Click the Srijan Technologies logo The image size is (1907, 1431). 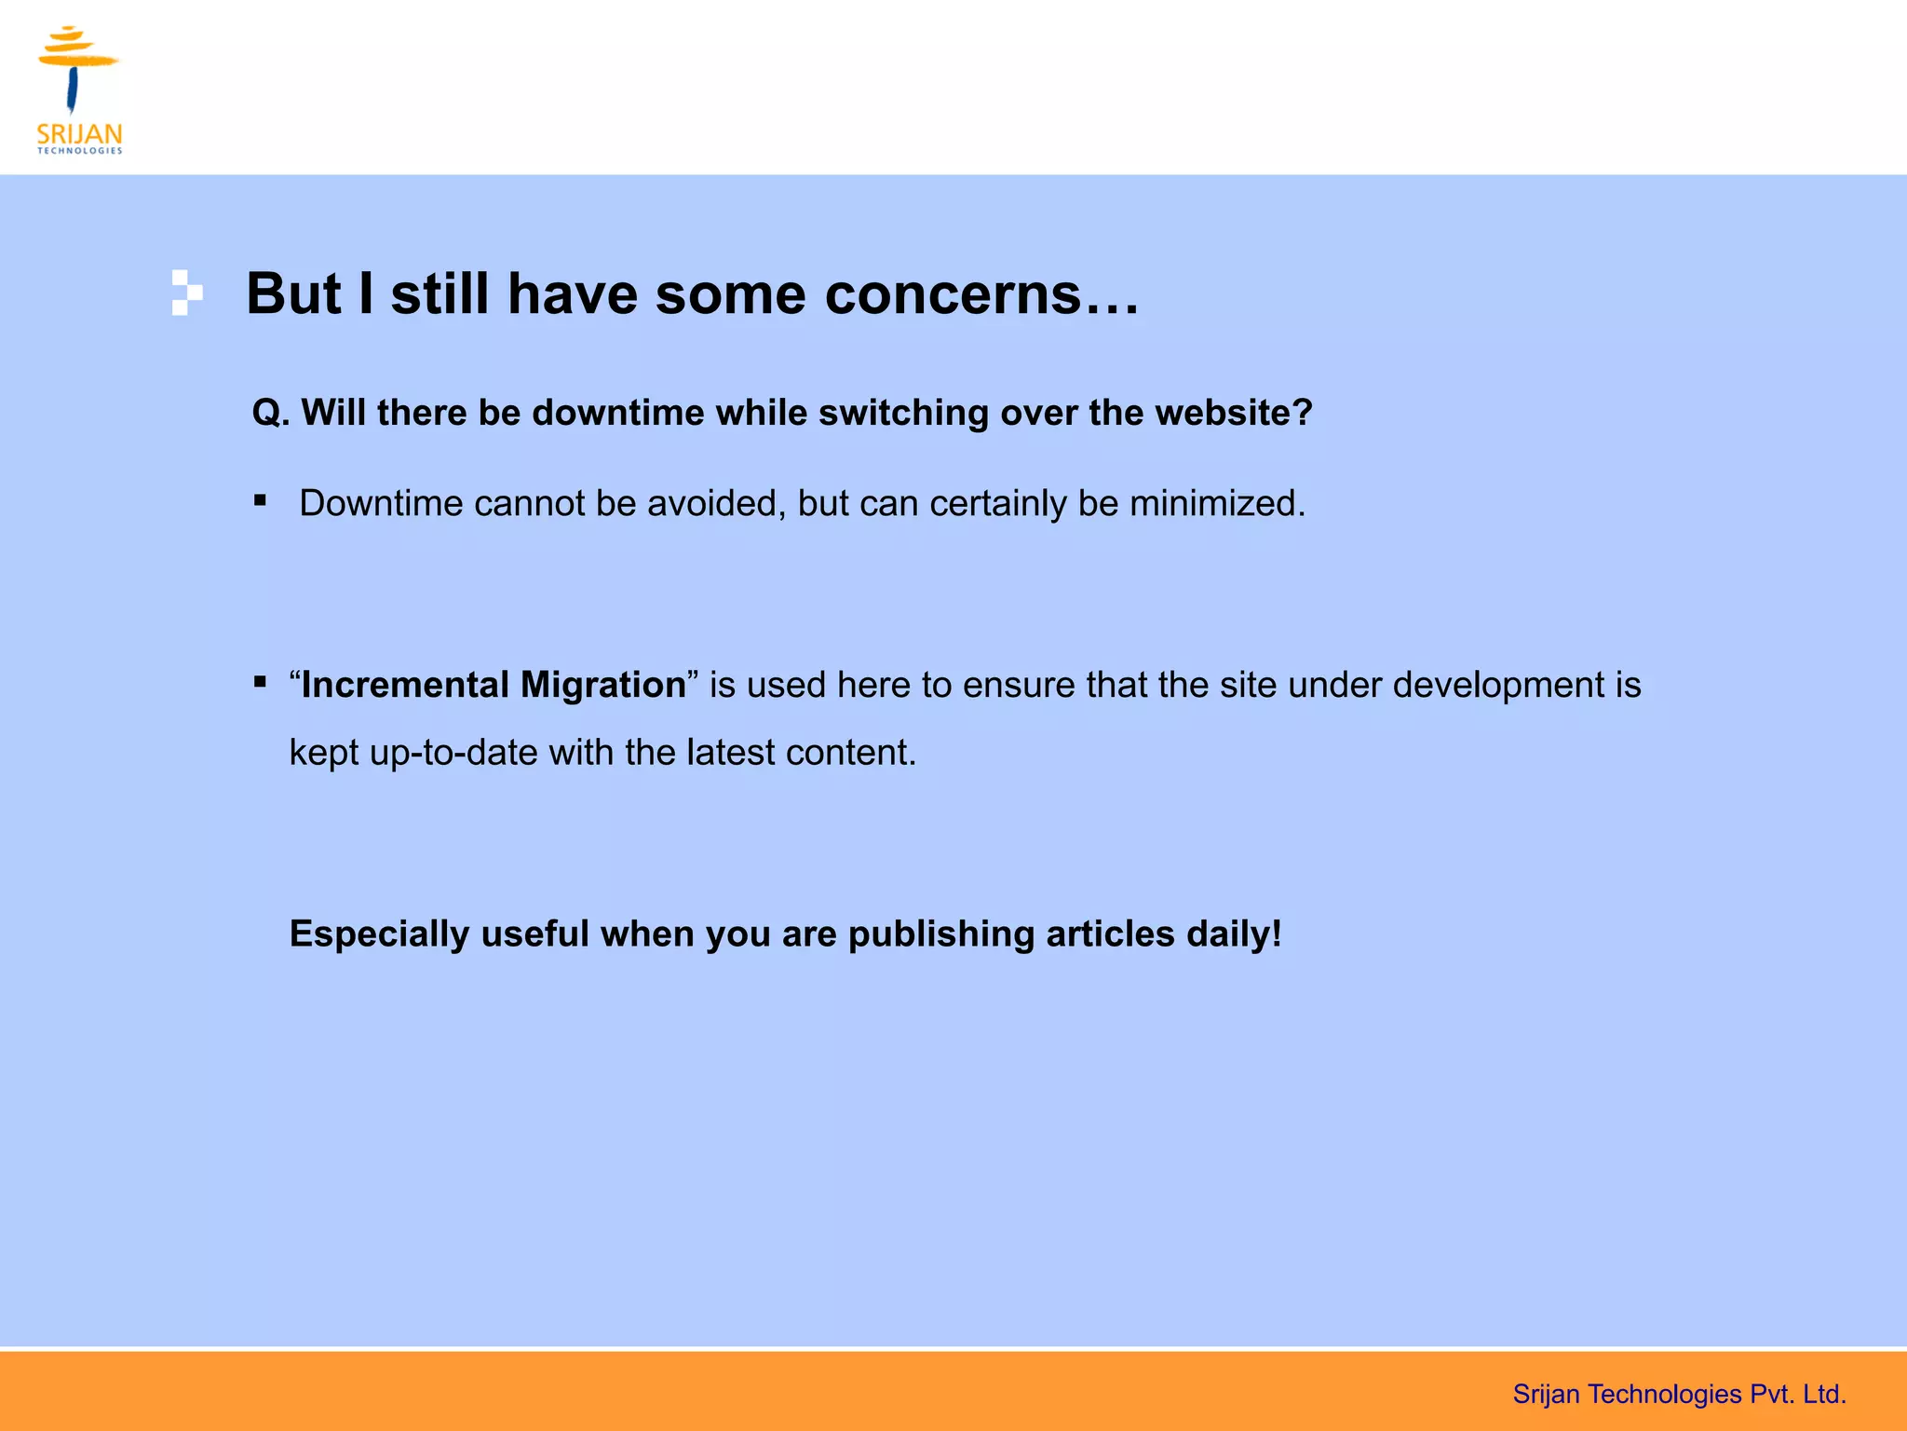click(x=79, y=89)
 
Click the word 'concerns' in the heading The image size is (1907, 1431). click(x=981, y=294)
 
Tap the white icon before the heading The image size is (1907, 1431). click(x=186, y=293)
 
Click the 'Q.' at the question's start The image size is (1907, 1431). click(x=271, y=413)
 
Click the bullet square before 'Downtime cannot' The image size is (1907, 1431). click(x=260, y=501)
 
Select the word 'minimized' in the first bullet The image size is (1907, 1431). click(x=1215, y=504)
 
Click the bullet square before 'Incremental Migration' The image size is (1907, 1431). click(x=260, y=683)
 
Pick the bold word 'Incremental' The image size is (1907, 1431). click(x=405, y=685)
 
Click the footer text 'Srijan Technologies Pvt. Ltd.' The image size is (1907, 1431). click(x=1679, y=1394)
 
